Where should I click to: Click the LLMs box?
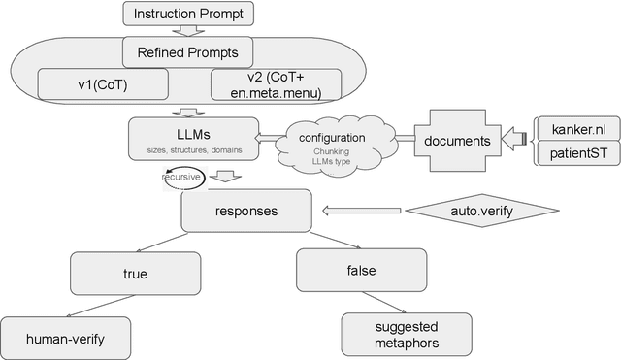(x=194, y=139)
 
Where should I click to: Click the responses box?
(x=245, y=210)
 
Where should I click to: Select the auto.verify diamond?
(x=482, y=210)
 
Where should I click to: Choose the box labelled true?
(x=135, y=274)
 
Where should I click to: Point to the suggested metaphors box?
(x=407, y=334)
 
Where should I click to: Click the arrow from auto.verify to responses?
(x=361, y=210)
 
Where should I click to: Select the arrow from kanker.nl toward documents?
(x=520, y=141)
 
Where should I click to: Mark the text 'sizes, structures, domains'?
(x=194, y=151)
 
